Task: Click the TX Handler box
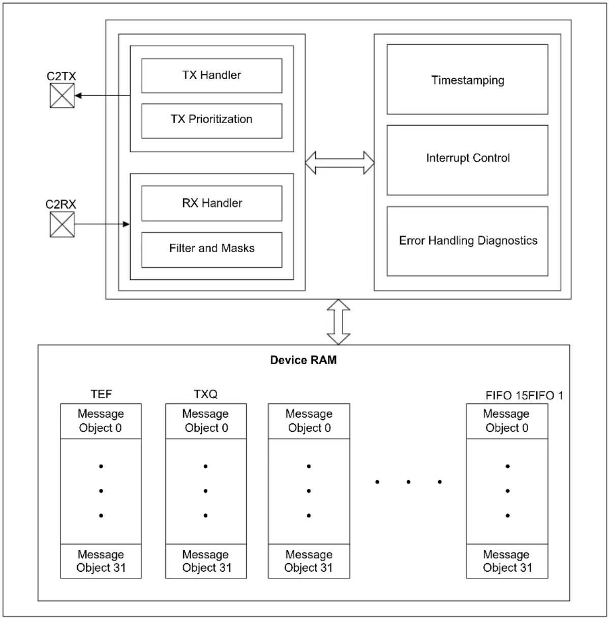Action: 212,76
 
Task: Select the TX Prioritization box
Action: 212,121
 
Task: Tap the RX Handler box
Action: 212,203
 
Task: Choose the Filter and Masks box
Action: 212,250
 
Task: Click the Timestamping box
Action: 467,79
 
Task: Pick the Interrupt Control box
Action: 467,160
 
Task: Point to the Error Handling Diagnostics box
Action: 467,241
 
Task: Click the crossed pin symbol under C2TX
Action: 62,96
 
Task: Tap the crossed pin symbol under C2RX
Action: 62,224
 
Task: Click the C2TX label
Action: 61,76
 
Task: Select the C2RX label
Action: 60,204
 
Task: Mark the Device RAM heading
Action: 303,360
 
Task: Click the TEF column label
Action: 101,394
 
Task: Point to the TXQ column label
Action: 205,394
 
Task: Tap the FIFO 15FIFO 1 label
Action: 524,395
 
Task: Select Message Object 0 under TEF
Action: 101,421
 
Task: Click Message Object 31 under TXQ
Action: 206,561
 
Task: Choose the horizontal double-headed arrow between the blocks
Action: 340,163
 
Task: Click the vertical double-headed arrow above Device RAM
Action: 339,322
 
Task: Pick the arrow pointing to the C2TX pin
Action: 102,96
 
